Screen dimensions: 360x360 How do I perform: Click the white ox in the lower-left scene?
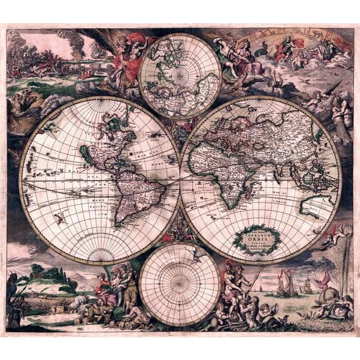click(78, 302)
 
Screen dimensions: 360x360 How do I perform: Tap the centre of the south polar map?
click(180, 284)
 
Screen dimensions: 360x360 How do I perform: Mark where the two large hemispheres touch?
click(180, 181)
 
